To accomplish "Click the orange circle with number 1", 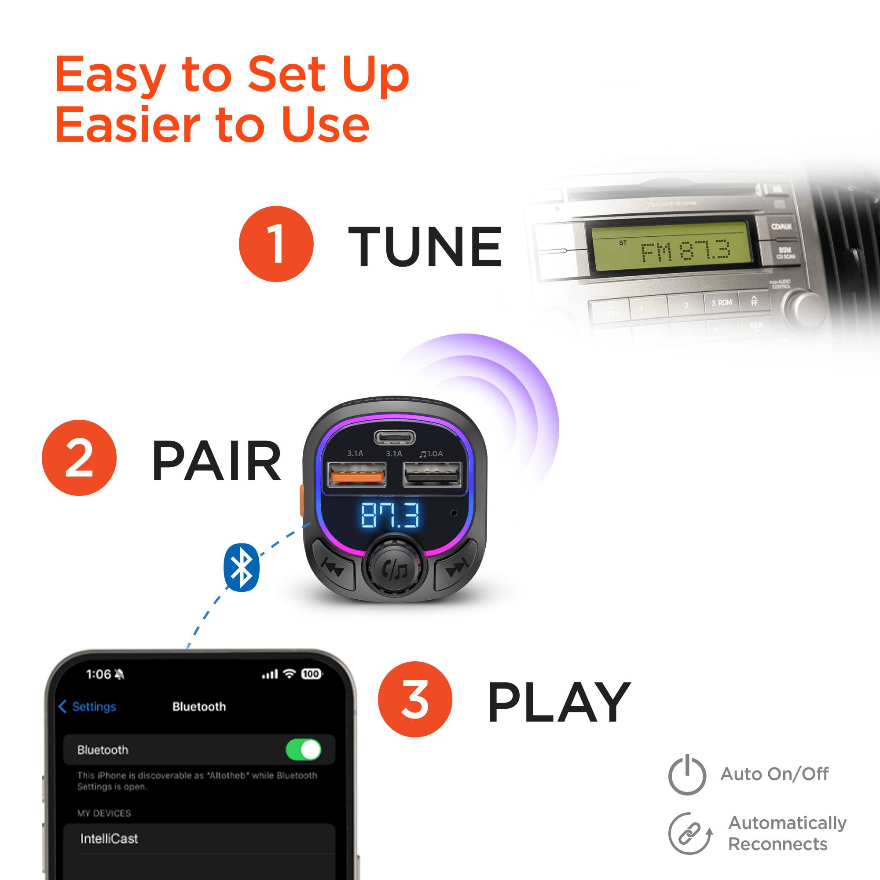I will (x=276, y=244).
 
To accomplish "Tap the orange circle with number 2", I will (x=79, y=457).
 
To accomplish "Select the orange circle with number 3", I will (x=414, y=699).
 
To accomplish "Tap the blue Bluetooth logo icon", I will (x=242, y=567).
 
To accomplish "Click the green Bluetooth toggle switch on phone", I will (x=303, y=749).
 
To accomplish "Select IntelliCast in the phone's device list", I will (x=109, y=839).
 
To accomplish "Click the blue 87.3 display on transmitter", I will (x=390, y=515).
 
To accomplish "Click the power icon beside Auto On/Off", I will (x=687, y=775).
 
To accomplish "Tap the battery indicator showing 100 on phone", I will (x=311, y=674).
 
